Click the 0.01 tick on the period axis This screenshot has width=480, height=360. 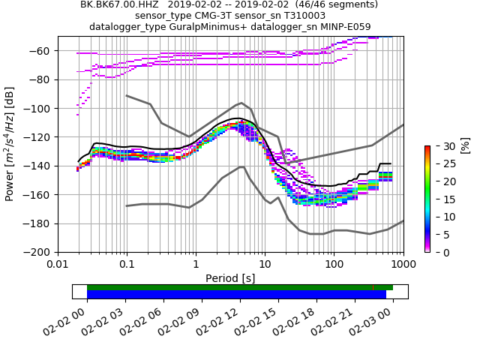(x=58, y=264)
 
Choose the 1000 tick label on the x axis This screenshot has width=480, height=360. (x=403, y=264)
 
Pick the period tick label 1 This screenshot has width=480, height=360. (x=196, y=264)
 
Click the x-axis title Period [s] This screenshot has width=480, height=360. (x=230, y=278)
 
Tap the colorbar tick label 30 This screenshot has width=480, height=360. (x=442, y=145)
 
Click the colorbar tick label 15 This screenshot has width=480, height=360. (x=442, y=199)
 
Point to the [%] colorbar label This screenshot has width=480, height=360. (x=465, y=145)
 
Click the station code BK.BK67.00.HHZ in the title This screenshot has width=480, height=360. (x=118, y=4)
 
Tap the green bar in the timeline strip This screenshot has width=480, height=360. (x=240, y=287)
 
